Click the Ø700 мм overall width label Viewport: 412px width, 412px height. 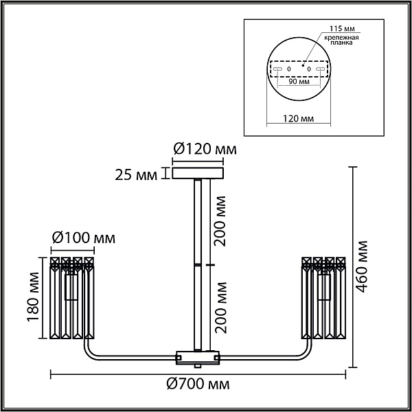point(198,384)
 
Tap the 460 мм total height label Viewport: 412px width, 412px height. point(360,266)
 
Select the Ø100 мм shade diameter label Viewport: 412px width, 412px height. point(84,238)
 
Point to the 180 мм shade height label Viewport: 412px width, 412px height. point(33,297)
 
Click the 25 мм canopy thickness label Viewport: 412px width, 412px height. point(136,175)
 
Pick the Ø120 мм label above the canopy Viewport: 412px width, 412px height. point(205,149)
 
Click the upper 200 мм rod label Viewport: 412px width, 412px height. point(220,221)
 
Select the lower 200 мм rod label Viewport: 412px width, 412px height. point(220,308)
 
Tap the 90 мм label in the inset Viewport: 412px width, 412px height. point(299,82)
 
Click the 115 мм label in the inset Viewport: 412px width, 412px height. point(342,29)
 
